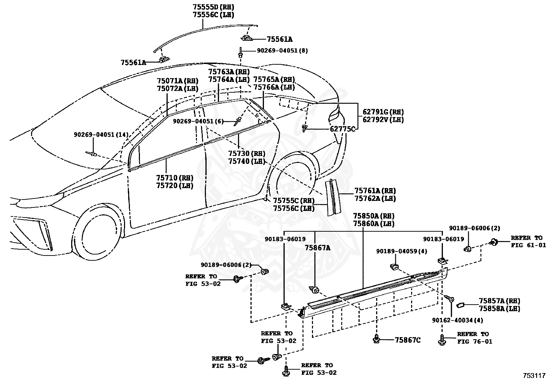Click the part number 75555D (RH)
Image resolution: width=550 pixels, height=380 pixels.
pyautogui.click(x=214, y=7)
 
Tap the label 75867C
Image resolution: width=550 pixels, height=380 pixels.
pyautogui.click(x=408, y=340)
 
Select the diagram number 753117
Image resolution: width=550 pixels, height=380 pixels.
pyautogui.click(x=534, y=376)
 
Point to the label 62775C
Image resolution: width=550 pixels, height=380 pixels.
pyautogui.click(x=342, y=129)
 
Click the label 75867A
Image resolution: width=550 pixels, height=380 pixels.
pyautogui.click(x=318, y=248)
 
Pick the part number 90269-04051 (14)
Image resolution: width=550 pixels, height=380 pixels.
pyautogui.click(x=101, y=135)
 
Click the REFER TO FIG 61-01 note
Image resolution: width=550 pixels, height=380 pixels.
pyautogui.click(x=528, y=241)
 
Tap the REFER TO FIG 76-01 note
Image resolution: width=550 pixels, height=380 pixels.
pyautogui.click(x=475, y=338)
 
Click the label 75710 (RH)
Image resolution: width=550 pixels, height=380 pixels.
pyautogui.click(x=175, y=178)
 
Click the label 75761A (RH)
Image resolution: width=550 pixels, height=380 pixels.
pyautogui.click(x=375, y=191)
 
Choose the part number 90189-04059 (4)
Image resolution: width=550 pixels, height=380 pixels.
pyautogui.click(x=402, y=251)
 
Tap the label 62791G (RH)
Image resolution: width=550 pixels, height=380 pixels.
pyautogui.click(x=383, y=112)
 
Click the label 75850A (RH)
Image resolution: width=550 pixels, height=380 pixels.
pyautogui.click(x=374, y=216)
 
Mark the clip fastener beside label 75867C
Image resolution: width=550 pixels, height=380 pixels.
pyautogui.click(x=376, y=339)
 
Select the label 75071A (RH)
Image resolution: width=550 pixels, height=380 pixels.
pyautogui.click(x=178, y=81)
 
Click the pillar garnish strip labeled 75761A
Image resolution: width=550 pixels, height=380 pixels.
pyautogui.click(x=333, y=197)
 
